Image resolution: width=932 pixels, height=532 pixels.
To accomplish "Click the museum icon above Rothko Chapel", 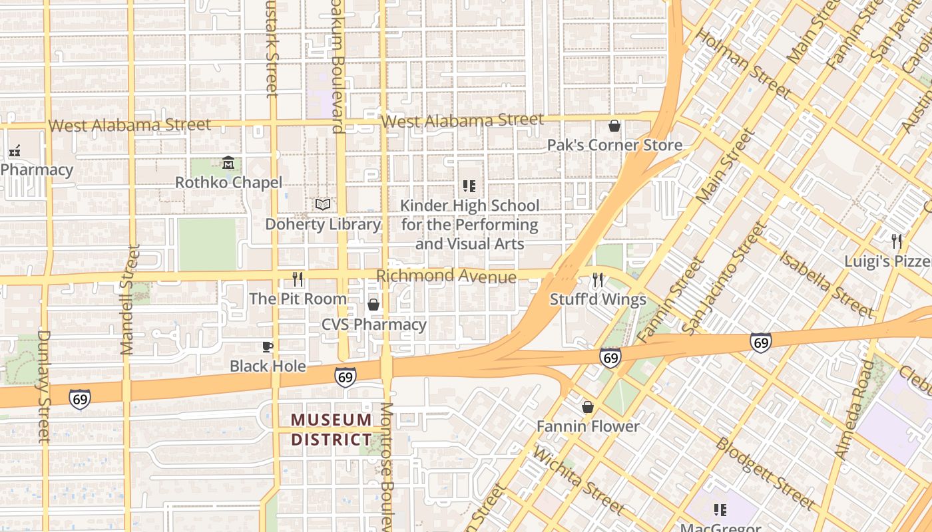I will point(228,163).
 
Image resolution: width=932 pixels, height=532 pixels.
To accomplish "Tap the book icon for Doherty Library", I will point(323,205).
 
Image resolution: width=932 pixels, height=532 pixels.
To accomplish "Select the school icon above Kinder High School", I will point(469,186).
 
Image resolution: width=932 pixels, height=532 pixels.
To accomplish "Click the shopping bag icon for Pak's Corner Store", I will point(614,126).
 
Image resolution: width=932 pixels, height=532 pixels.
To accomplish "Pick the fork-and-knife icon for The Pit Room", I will point(298,279).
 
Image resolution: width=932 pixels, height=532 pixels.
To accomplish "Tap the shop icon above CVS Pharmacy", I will point(373,305).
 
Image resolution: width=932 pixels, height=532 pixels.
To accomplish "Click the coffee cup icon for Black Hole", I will point(268,346).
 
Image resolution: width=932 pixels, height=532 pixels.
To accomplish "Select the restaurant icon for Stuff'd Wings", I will point(598,280).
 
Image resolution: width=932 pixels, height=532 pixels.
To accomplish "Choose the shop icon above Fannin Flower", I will point(588,406).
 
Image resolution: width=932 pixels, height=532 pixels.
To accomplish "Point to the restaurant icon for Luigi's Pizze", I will point(897,241).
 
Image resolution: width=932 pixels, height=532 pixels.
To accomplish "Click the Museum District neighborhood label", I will point(332,430).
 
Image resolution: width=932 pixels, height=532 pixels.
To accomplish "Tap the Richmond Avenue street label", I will point(446,276).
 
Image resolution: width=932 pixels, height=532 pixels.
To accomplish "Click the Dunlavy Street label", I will point(44,386).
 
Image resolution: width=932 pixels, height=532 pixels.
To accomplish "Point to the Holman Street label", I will point(744,64).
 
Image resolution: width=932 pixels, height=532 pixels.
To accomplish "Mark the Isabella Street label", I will point(826,284).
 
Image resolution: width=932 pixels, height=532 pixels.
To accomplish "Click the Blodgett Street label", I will point(765,472).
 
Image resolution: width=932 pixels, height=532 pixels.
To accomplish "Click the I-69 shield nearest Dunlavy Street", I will point(79,399).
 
